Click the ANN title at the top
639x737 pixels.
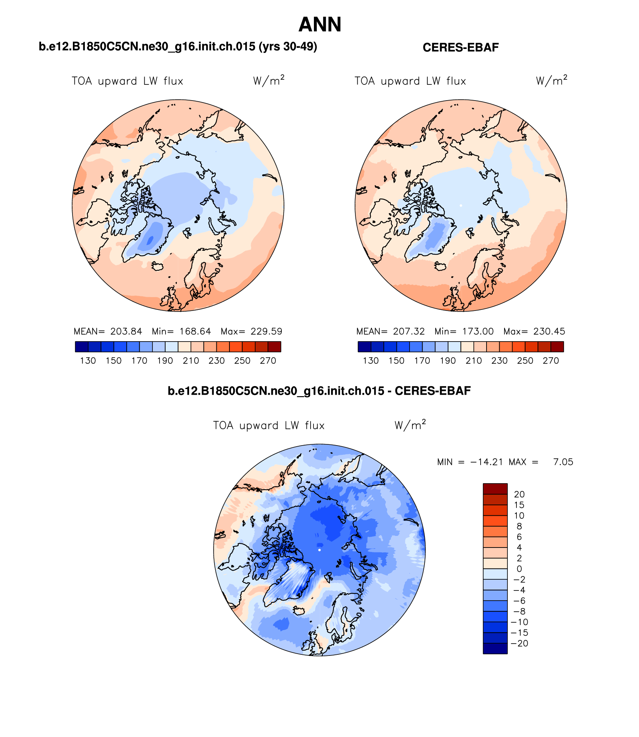tap(320, 25)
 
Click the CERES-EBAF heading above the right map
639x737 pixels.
tap(460, 47)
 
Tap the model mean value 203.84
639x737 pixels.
tap(126, 332)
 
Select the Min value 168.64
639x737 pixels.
tap(195, 332)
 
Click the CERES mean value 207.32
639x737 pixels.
tap(409, 332)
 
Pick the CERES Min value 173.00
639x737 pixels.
tap(478, 332)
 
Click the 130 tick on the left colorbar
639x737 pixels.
tap(88, 361)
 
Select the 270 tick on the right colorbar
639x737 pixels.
tap(551, 361)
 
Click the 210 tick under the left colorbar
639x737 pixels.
tap(191, 361)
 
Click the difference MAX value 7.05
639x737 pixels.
tap(563, 462)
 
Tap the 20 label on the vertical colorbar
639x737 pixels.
tap(519, 494)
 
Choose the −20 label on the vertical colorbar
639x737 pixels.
tap(519, 644)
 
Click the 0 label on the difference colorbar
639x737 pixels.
tap(519, 569)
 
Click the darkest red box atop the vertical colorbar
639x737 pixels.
tap(495, 489)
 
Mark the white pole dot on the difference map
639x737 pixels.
tap(319, 550)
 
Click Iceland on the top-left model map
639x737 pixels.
tap(158, 266)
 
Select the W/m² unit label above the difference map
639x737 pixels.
tap(410, 425)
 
